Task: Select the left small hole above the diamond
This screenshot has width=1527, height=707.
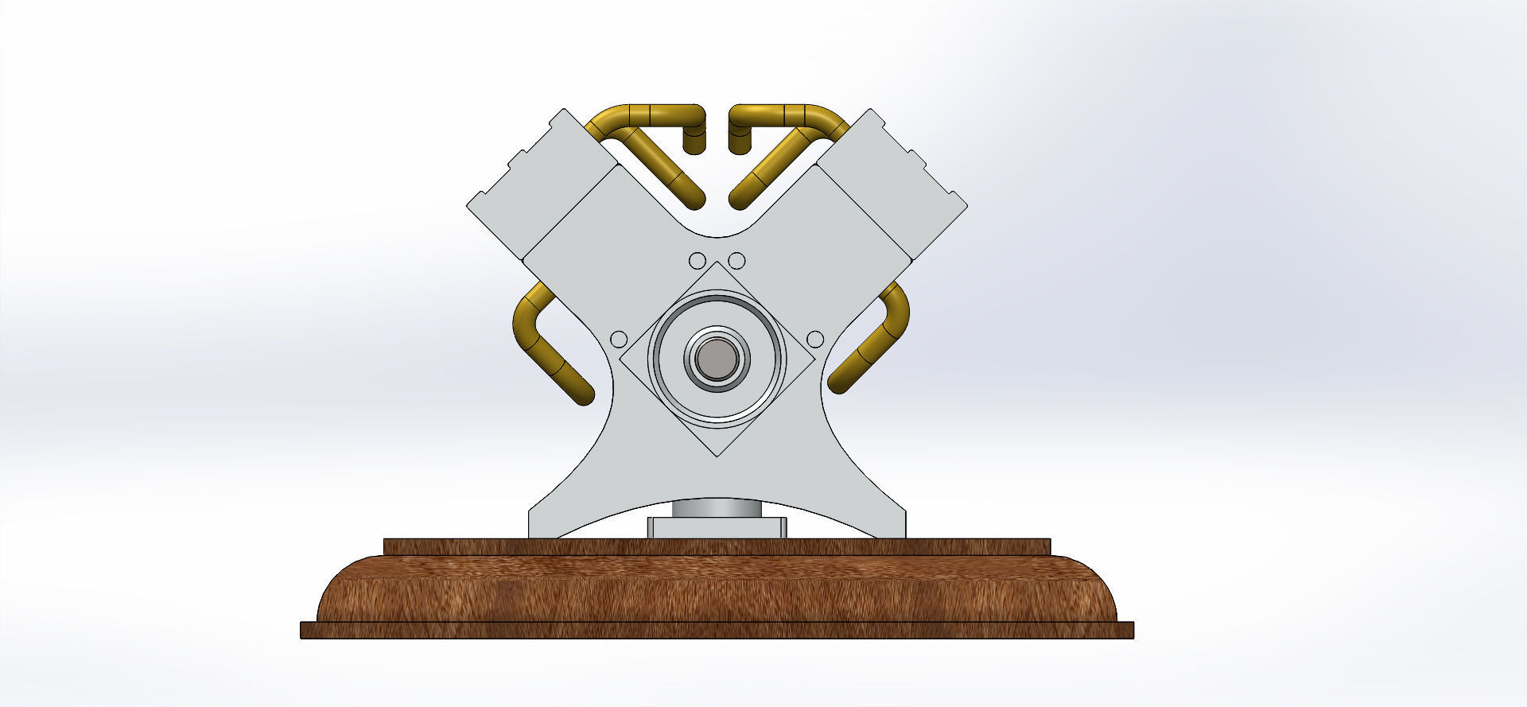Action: click(x=697, y=261)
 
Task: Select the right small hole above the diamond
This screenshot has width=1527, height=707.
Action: click(x=736, y=261)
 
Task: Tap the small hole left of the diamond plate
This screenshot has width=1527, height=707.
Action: click(x=618, y=340)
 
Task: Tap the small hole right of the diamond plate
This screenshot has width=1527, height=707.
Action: click(x=815, y=340)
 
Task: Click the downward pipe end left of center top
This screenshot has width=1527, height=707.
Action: click(x=695, y=143)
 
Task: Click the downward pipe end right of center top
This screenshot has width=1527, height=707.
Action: click(x=740, y=143)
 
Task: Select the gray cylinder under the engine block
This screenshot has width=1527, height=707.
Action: click(x=717, y=509)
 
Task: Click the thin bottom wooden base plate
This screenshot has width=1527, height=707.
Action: click(x=717, y=631)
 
